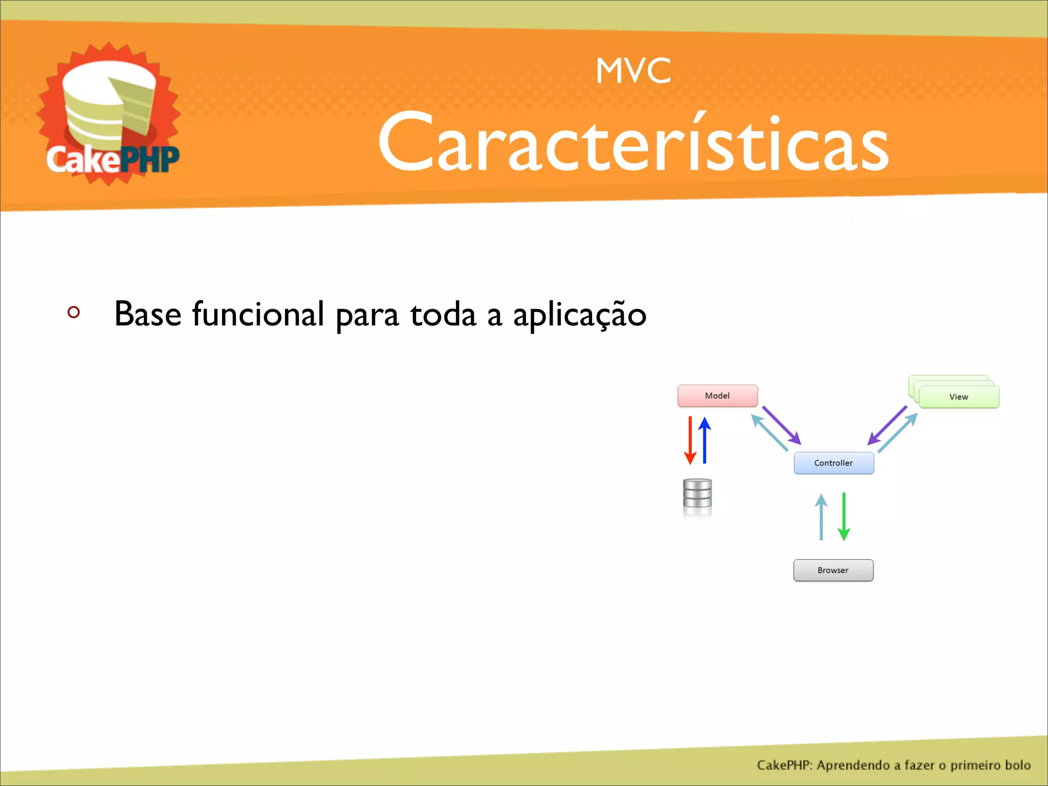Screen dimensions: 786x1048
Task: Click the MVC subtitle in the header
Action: pos(633,71)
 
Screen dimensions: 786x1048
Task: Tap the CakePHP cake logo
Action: pos(109,114)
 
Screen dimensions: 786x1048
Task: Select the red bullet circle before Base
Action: pos(74,312)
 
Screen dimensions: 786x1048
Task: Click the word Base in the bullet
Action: pos(148,314)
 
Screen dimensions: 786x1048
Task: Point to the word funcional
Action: pos(258,314)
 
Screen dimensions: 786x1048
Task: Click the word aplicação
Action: pos(580,315)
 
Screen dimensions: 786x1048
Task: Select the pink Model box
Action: pos(717,396)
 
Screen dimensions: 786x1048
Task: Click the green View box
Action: pos(958,397)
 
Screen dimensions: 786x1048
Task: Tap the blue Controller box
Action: pos(834,463)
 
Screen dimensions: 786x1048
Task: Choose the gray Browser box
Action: pos(833,570)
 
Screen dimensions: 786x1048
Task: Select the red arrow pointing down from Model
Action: pos(690,440)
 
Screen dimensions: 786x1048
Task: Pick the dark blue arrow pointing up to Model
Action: pos(705,440)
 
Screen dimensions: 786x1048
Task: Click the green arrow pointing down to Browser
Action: pos(844,517)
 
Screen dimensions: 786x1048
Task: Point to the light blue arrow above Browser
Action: pos(821,517)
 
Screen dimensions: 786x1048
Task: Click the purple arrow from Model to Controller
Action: pos(781,425)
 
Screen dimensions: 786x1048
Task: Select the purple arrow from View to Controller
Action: pos(887,425)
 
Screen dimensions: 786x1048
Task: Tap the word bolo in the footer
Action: pos(1017,765)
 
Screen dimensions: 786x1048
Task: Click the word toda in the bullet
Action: pos(443,314)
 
